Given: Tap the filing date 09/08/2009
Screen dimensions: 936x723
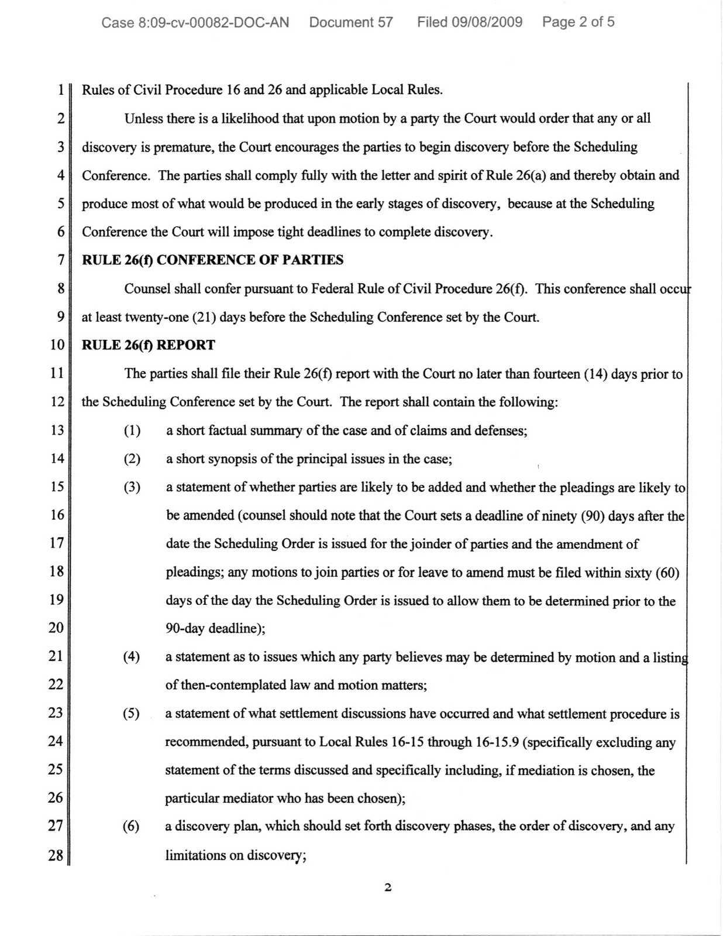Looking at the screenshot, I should click(487, 23).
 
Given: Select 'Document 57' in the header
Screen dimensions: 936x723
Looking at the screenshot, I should click(351, 23).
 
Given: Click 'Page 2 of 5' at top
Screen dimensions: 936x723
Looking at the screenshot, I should click(578, 23).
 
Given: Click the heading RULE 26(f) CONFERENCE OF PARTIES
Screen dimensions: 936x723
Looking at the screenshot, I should click(212, 260).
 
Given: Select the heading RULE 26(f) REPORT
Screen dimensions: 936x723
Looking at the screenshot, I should click(149, 345).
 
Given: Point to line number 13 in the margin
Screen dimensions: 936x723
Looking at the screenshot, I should click(57, 431).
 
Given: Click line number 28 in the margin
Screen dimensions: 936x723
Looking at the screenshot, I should click(56, 855).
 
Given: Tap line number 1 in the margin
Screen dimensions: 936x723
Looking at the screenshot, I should click(60, 90).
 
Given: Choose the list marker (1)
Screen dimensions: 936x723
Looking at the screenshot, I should click(132, 431).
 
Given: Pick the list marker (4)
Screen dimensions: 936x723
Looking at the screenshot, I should click(132, 657).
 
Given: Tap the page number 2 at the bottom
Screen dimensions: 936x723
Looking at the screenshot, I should click(387, 888).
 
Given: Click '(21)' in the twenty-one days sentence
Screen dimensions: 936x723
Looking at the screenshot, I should click(203, 318).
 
